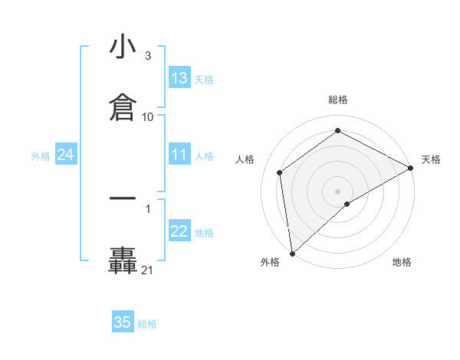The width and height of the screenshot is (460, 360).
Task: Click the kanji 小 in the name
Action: (123, 47)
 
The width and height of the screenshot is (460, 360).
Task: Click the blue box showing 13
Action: (179, 78)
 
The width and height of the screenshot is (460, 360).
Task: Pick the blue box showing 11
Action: (179, 155)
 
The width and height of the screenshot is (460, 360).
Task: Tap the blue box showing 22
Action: (179, 231)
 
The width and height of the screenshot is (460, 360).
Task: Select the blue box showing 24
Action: (65, 155)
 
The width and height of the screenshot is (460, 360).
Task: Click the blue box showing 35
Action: (123, 322)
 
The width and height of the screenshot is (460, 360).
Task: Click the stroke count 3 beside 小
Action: (147, 56)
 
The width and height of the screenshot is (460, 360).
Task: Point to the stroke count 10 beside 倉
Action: (148, 116)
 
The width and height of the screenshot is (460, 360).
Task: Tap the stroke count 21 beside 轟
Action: (148, 270)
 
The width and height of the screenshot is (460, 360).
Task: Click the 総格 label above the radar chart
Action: (338, 100)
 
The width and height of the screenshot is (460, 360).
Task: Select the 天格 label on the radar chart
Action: (431, 159)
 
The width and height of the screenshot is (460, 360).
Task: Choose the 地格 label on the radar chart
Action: (402, 262)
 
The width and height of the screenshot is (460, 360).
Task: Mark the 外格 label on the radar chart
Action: (270, 262)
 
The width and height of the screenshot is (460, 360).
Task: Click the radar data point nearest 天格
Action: (411, 168)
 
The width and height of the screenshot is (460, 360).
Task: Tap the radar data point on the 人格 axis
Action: (280, 172)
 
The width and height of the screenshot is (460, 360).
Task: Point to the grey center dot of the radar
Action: (338, 191)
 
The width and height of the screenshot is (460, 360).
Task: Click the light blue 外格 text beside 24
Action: (41, 155)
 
